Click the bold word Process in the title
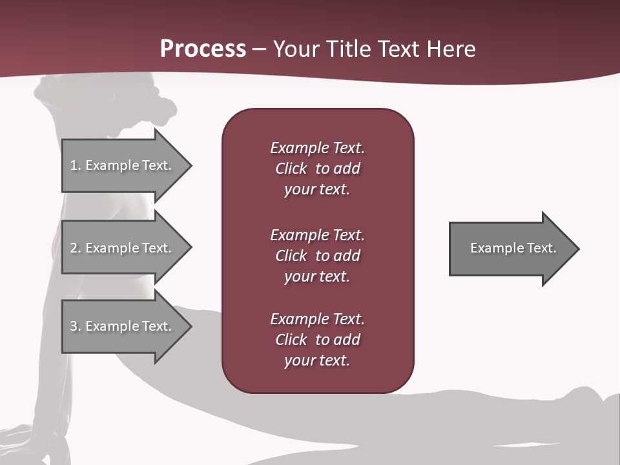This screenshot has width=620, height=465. pyautogui.click(x=203, y=49)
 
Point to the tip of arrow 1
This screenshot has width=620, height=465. pyautogui.click(x=190, y=165)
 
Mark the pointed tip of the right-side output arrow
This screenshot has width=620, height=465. pyautogui.click(x=577, y=249)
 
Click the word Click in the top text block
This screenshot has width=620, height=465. pyautogui.click(x=291, y=169)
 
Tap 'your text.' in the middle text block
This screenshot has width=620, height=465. pyautogui.click(x=317, y=276)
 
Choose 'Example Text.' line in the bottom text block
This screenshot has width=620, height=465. pyautogui.click(x=317, y=319)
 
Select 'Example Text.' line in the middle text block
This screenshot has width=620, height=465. pyautogui.click(x=317, y=235)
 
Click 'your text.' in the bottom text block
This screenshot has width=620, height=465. pyautogui.click(x=317, y=360)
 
